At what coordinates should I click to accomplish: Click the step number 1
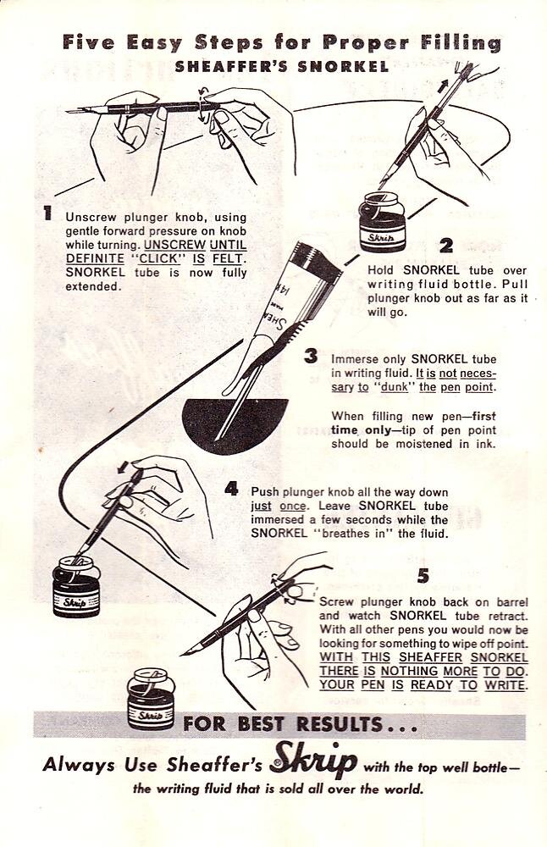click(48, 213)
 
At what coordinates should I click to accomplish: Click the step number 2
click(446, 246)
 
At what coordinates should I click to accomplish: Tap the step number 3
click(311, 357)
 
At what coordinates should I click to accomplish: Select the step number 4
click(231, 490)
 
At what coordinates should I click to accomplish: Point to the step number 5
click(423, 576)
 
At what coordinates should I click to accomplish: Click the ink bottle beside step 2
click(382, 222)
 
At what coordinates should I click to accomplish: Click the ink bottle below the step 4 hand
click(77, 587)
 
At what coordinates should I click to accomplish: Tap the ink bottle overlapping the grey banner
click(152, 698)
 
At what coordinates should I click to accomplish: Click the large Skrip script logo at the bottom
click(314, 762)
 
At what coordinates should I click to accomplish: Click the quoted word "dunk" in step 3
click(395, 387)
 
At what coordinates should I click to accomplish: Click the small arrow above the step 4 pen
click(124, 467)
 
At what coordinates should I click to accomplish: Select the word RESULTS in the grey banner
click(341, 724)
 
